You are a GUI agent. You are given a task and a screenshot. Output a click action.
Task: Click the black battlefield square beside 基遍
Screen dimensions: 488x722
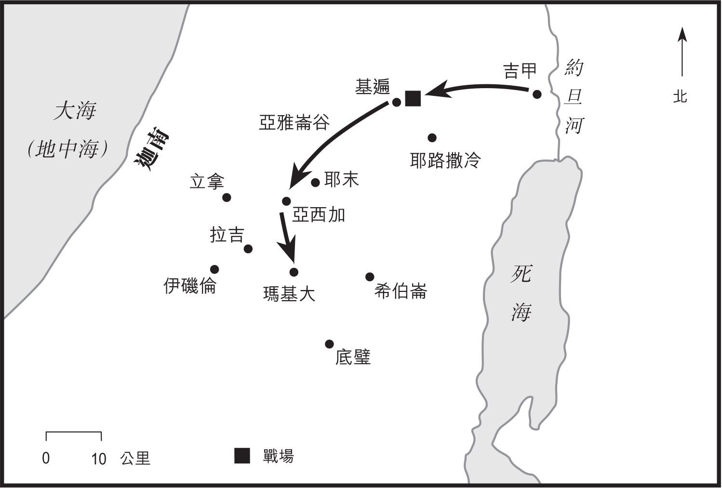413,98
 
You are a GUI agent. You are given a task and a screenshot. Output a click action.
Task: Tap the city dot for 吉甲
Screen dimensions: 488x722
537,94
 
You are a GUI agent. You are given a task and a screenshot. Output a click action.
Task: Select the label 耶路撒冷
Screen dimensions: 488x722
445,160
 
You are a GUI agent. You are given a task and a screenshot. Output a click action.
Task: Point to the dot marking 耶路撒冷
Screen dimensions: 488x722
432,138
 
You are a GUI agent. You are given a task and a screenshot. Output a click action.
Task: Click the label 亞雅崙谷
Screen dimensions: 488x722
294,122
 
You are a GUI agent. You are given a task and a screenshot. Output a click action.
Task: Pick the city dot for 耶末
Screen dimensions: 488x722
315,183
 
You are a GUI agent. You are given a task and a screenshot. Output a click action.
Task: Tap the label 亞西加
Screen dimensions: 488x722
319,215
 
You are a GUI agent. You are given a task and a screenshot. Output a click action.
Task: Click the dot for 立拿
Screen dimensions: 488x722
227,198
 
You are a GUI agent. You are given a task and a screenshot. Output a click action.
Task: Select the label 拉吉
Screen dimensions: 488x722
227,235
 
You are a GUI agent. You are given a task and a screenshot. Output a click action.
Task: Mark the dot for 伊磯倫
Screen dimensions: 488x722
214,269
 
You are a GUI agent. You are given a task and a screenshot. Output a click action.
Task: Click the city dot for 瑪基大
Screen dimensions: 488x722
294,272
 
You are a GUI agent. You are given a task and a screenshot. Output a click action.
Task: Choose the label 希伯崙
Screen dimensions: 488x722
401,291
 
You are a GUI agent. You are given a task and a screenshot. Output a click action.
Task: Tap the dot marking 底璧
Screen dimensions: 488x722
329,344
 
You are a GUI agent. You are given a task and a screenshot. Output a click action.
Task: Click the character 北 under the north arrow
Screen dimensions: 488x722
680,97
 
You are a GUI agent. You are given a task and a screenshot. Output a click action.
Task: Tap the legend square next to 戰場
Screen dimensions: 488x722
242,456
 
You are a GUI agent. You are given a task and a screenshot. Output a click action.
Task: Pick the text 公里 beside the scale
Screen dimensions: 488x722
135,458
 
